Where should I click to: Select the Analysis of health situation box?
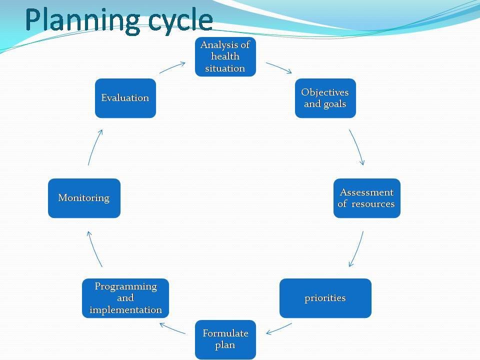coord(225,56)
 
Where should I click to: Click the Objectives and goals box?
coord(325,98)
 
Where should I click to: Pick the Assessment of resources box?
coord(366,198)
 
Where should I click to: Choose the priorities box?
coord(325,298)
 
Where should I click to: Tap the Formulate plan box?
coord(225,339)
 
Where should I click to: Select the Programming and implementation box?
coord(125,298)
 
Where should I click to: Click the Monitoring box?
coord(84,198)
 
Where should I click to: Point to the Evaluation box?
coord(125,98)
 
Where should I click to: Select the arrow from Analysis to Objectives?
coord(278,67)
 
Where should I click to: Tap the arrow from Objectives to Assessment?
coord(357,147)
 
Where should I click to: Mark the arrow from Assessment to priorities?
coord(356,248)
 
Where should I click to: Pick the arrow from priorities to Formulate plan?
coord(279,328)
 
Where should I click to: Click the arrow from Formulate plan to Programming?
coord(172,328)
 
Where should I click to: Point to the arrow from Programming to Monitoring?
coord(94,248)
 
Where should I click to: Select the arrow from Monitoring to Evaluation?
coord(95,147)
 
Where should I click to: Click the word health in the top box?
coord(225,56)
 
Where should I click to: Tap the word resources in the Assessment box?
coord(373,204)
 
